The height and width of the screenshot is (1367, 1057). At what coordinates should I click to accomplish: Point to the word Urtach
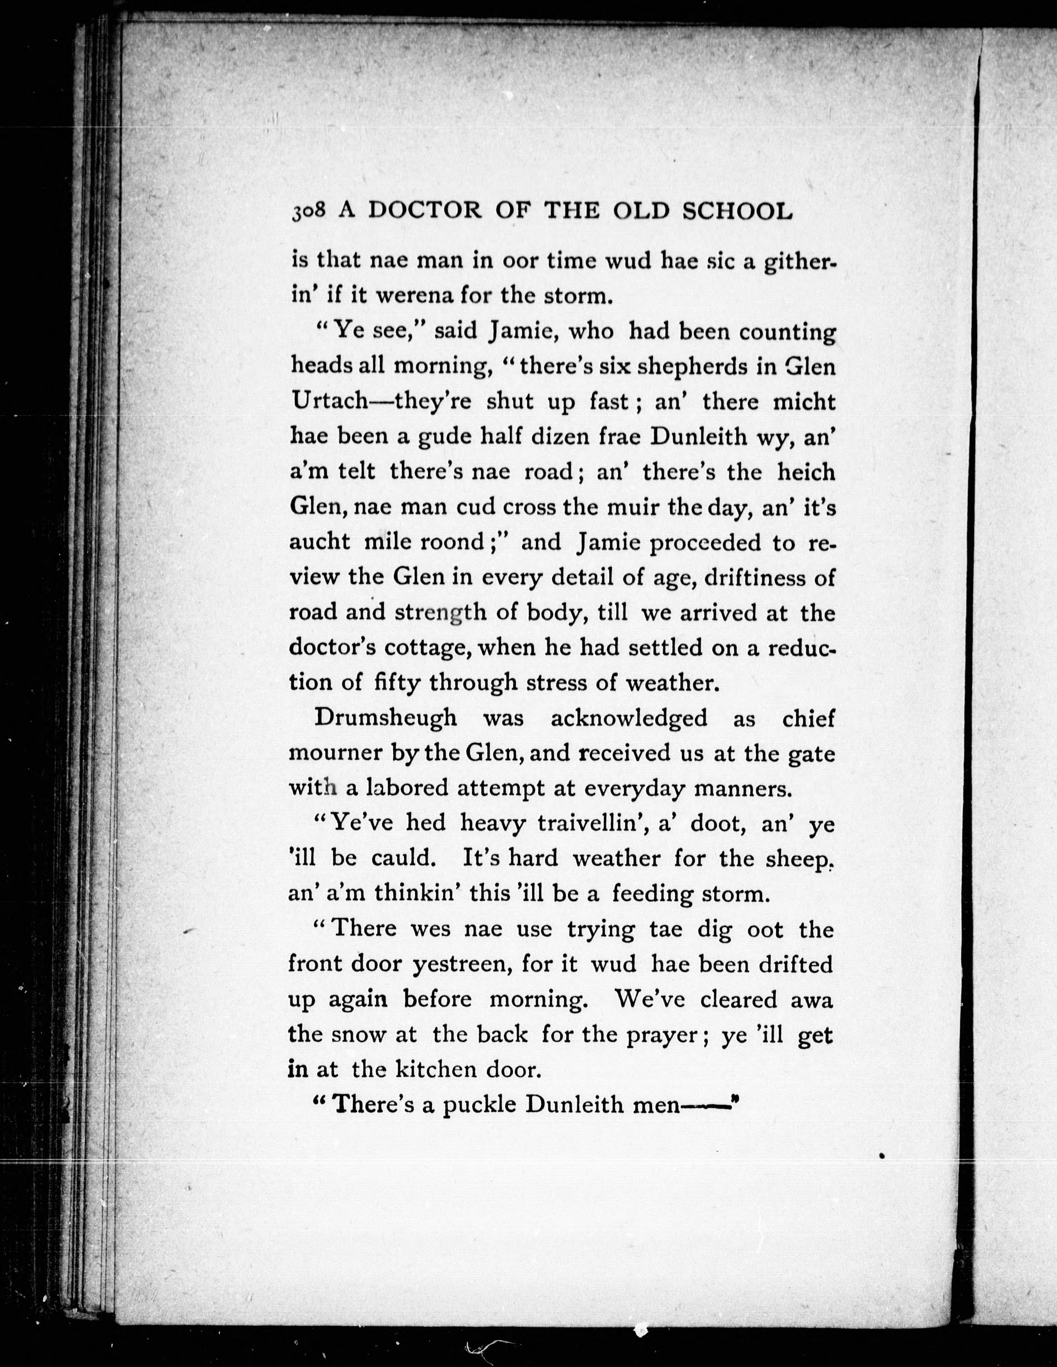click(x=329, y=401)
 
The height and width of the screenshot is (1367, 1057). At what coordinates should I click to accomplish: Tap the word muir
click(x=632, y=506)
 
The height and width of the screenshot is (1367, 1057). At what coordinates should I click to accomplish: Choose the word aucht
click(x=319, y=541)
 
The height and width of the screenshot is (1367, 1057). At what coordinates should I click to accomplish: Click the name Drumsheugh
click(x=386, y=718)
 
